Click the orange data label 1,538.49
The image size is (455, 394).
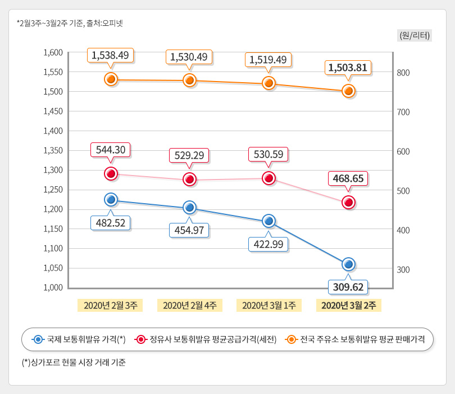pyautogui.click(x=111, y=55)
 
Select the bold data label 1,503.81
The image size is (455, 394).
pyautogui.click(x=348, y=68)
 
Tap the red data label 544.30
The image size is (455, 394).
pyautogui.click(x=111, y=150)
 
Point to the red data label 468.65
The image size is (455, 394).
pyautogui.click(x=348, y=178)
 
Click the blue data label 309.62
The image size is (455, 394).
pyautogui.click(x=348, y=287)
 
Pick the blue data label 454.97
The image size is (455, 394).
pyautogui.click(x=189, y=230)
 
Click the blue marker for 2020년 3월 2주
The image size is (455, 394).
pyautogui.click(x=348, y=264)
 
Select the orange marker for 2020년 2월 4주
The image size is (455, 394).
pyautogui.click(x=189, y=80)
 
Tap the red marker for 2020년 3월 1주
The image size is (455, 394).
pyautogui.click(x=269, y=178)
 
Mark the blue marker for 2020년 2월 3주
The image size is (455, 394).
pyautogui.click(x=111, y=199)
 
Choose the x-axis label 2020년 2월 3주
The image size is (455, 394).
pyautogui.click(x=110, y=305)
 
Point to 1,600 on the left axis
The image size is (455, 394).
pyautogui.click(x=53, y=52)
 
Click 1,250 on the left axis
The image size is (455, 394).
pyautogui.click(x=53, y=190)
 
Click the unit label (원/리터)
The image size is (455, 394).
pyautogui.click(x=414, y=35)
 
